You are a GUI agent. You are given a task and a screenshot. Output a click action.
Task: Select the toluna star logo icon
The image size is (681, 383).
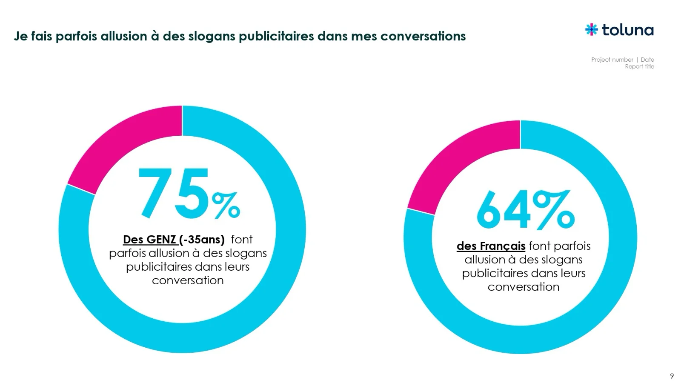591,29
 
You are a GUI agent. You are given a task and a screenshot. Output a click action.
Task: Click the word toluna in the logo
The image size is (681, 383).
628,30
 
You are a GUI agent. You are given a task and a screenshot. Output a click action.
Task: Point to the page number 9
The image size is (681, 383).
672,376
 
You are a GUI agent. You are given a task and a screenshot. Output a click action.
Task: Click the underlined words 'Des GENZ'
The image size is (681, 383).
149,240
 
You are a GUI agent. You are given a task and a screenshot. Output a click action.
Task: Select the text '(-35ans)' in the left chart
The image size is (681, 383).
202,240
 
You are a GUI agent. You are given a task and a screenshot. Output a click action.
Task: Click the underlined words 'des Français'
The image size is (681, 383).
491,246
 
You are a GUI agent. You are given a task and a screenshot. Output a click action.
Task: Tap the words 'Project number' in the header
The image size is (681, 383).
612,60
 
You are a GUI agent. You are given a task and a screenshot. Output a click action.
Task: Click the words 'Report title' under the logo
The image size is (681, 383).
639,66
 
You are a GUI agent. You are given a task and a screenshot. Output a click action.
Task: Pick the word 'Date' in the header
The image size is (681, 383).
647,60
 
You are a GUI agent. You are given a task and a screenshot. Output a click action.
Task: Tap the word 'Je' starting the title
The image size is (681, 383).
20,36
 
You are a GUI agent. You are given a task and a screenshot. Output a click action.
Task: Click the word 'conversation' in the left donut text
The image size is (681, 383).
188,280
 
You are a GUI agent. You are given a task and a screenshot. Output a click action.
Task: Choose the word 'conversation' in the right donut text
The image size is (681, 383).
524,287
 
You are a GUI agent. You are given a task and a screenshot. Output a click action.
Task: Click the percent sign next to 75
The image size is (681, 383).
226,205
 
